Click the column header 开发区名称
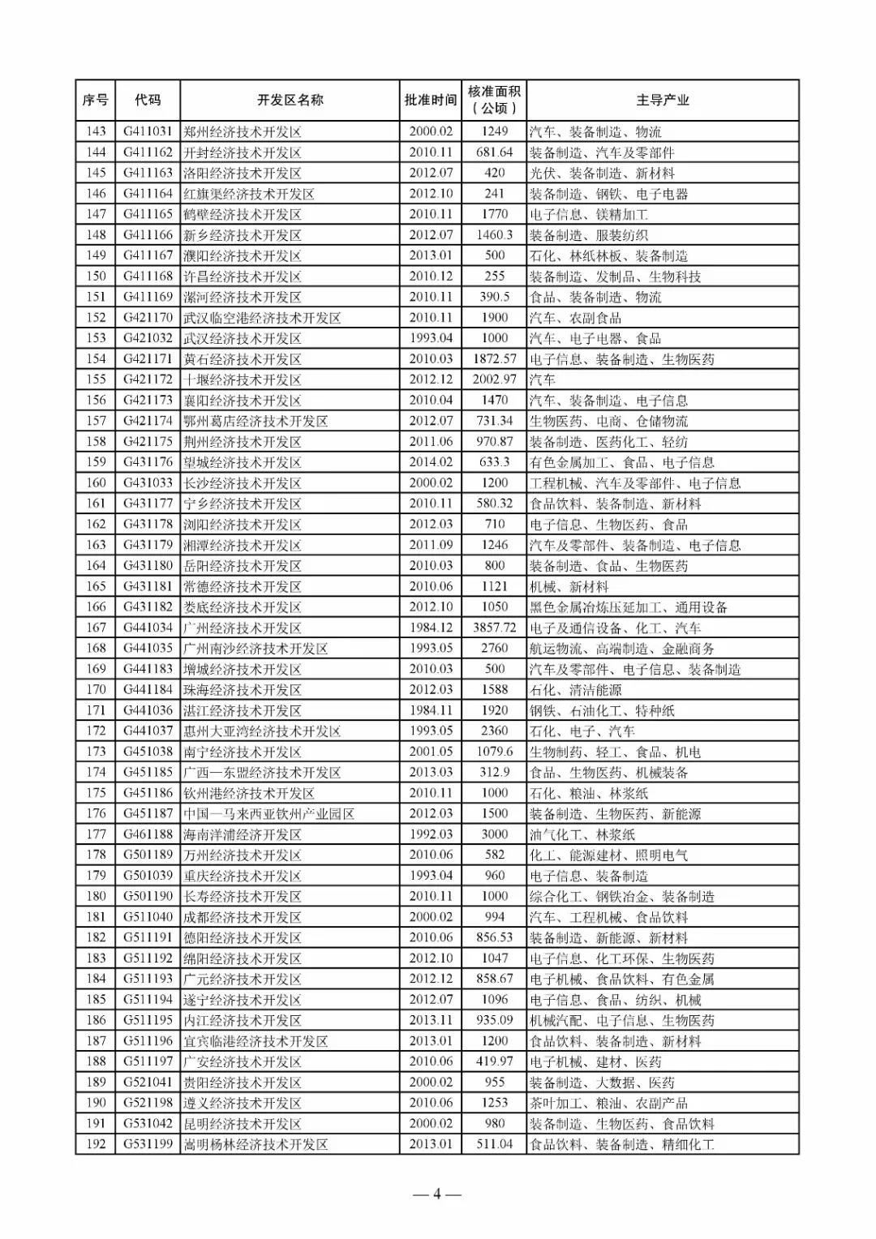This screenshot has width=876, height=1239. pos(290,101)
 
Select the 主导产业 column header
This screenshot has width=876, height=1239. pos(662,101)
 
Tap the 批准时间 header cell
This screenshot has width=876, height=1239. pos(431,101)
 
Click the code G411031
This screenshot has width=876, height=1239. pos(148,131)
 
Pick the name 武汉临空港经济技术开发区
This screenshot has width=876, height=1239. pos(262,318)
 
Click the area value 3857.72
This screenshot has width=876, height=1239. pos(494,628)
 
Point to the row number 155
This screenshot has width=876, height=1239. pos(96,379)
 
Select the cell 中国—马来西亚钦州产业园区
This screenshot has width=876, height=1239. pos(268,814)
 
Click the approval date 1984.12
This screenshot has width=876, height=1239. pos(431,628)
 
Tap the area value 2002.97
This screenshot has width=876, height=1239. pos(494,379)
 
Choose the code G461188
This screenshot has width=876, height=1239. pos(148,834)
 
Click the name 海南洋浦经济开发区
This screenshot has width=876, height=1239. pos(243,834)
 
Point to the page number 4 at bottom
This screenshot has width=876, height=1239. pos(436,1194)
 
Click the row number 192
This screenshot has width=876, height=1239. pos(96,1144)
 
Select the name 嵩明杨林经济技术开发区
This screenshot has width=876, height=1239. pos(255,1144)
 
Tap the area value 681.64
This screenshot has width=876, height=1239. pos(494,152)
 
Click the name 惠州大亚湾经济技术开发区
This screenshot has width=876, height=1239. pos(262,731)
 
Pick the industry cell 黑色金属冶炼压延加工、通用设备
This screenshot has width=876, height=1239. pos(629,607)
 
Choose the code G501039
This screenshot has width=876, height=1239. pos(148,876)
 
